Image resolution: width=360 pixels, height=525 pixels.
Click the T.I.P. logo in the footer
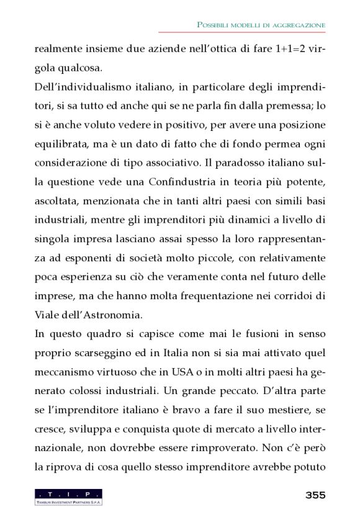pyautogui.click(x=68, y=496)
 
